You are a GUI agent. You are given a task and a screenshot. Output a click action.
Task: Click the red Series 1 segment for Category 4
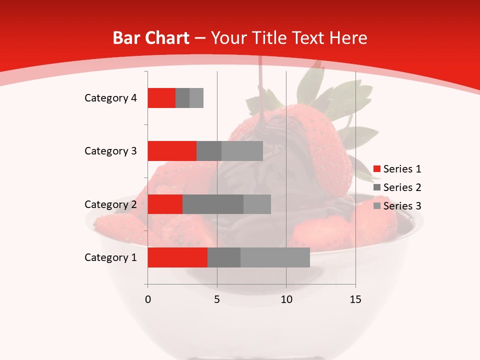pyautogui.click(x=161, y=98)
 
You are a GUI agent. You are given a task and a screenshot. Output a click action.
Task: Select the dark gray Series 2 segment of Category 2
pyautogui.click(x=213, y=204)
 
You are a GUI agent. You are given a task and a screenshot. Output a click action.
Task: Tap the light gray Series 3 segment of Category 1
pyautogui.click(x=275, y=257)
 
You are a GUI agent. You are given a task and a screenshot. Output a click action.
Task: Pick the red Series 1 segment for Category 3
pyautogui.click(x=172, y=151)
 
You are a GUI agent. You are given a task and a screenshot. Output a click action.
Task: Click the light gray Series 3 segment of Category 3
pyautogui.click(x=242, y=151)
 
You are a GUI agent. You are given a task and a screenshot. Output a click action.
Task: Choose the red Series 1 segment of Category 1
pyautogui.click(x=177, y=257)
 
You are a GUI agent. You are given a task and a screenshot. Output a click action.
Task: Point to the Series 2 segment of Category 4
pyautogui.click(x=182, y=98)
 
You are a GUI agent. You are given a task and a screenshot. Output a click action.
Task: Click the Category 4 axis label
pyautogui.click(x=110, y=98)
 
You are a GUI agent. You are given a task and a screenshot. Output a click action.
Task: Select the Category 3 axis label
pyautogui.click(x=110, y=151)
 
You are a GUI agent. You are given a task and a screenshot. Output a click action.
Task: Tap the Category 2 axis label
pyautogui.click(x=110, y=204)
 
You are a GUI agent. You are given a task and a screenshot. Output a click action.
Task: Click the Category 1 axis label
pyautogui.click(x=110, y=257)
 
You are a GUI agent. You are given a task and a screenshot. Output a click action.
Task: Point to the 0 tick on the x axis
pyautogui.click(x=147, y=299)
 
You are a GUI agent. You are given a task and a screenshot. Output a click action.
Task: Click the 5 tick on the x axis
pyautogui.click(x=217, y=299)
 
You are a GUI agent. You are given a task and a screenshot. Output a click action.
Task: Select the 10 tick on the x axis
pyautogui.click(x=286, y=299)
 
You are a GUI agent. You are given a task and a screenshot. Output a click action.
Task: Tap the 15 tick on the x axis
pyautogui.click(x=355, y=299)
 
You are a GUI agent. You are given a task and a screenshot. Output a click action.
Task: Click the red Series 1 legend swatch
pyautogui.click(x=376, y=169)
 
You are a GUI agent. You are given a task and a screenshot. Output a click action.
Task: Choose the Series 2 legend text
pyautogui.click(x=402, y=187)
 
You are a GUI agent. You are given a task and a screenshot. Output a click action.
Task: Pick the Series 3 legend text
pyautogui.click(x=402, y=206)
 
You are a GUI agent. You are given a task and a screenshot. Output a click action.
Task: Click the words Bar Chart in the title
pyautogui.click(x=151, y=38)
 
